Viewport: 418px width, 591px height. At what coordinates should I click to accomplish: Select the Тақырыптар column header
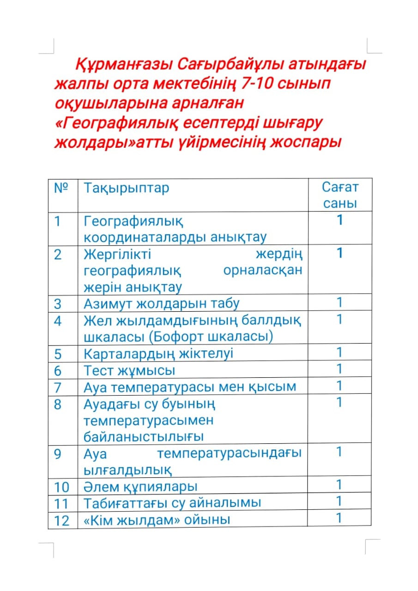[x=126, y=188]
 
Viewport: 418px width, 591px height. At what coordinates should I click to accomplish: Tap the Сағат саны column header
[x=340, y=195]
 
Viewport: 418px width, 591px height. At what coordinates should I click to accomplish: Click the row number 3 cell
[x=58, y=304]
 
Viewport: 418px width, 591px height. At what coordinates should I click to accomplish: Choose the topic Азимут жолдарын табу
[x=162, y=304]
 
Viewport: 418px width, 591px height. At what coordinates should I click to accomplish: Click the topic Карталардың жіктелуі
[x=158, y=354]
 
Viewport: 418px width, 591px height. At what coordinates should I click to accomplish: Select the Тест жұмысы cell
[x=129, y=370]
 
